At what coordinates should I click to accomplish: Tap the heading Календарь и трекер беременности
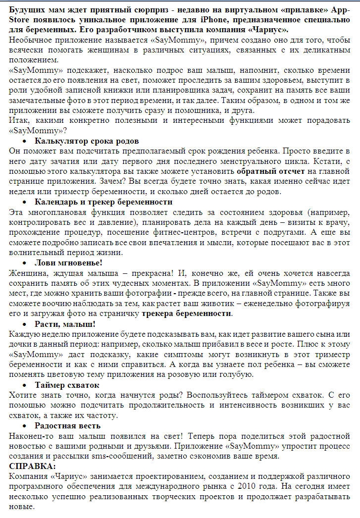[x=103, y=202]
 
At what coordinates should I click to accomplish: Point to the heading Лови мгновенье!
[x=68, y=262]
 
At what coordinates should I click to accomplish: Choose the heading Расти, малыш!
[x=65, y=324]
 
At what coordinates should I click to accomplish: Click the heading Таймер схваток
[x=67, y=385]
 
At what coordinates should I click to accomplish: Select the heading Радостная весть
[x=67, y=425]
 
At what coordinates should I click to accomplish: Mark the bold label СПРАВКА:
[x=33, y=466]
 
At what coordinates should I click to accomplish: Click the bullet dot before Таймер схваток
[x=25, y=385]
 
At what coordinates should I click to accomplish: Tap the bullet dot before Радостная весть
[x=25, y=426]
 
